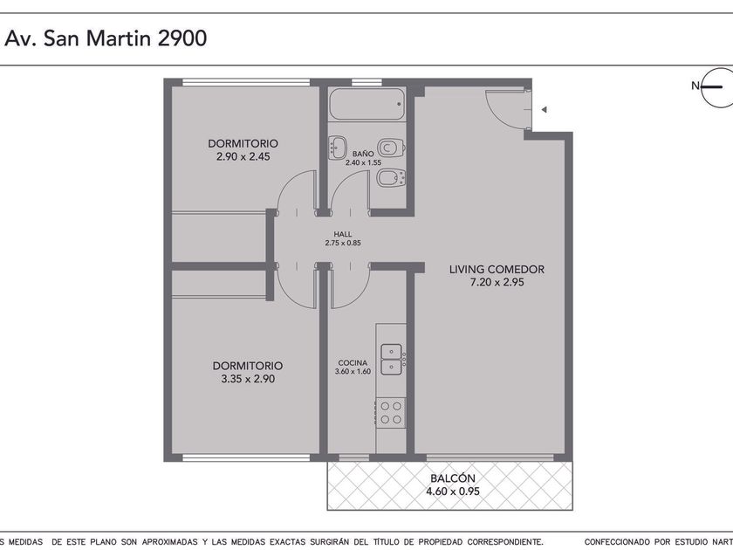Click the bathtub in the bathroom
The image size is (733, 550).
pos(366,104)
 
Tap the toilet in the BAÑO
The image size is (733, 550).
pos(390,148)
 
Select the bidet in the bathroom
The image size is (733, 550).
pos(391,178)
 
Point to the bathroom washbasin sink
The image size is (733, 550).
pos(337,148)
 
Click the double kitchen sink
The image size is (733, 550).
pos(391,359)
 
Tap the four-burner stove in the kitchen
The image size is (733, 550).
pos(391,413)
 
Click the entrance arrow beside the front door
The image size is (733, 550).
pos(544,110)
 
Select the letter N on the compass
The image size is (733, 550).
pos(695,86)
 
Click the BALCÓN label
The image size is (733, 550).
pos(453,478)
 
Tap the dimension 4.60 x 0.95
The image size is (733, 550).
pos(453,492)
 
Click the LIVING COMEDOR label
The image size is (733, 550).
pos(497,270)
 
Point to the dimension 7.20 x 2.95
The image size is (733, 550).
pos(497,283)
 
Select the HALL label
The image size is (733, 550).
pos(343,234)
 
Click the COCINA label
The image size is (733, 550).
pos(353,363)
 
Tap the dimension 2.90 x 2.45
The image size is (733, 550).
pos(243,156)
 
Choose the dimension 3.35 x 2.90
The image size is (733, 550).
pos(248,379)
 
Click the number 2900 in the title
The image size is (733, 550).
pos(182,38)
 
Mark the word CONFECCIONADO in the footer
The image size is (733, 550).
pos(617,542)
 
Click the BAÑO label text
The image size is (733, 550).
pos(363,154)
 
